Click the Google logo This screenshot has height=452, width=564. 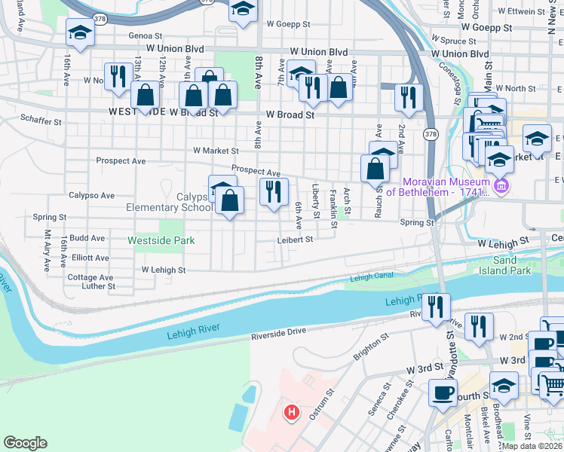pyautogui.click(x=25, y=443)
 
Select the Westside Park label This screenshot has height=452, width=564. pyautogui.click(x=161, y=240)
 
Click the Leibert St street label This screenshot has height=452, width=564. pyautogui.click(x=294, y=240)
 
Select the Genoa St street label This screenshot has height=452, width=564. pyautogui.click(x=145, y=35)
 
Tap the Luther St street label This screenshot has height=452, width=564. pyautogui.click(x=99, y=286)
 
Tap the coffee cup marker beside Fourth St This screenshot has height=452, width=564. pyautogui.click(x=443, y=392)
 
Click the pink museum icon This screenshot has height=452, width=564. pyautogui.click(x=501, y=185)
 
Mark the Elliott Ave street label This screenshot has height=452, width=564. pyautogui.click(x=90, y=258)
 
